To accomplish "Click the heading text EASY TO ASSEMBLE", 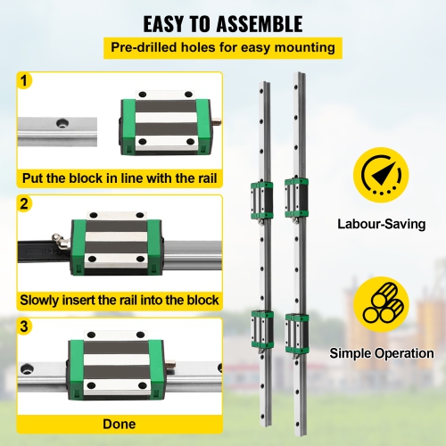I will [223, 22].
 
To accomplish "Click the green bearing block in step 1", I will [166, 123].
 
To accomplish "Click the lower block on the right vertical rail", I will [297, 330].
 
